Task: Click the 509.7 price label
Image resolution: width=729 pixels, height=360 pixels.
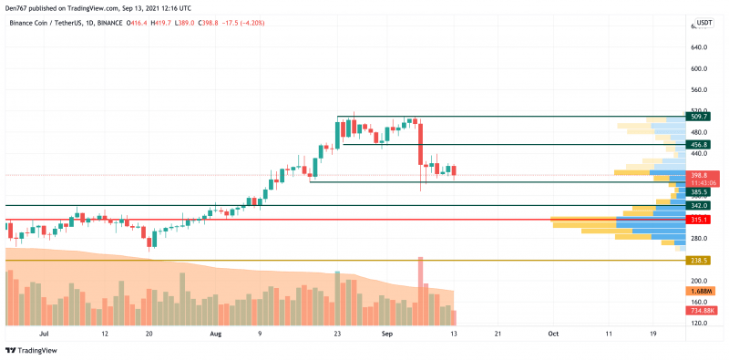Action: coord(700,117)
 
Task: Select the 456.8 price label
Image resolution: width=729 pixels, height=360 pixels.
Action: coord(700,145)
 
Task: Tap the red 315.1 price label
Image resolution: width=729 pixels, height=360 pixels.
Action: coord(700,220)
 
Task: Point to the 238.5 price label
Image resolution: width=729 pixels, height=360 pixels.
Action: coord(700,261)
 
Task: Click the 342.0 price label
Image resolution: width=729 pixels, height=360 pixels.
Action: coord(700,206)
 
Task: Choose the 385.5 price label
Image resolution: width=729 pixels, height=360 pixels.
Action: coord(700,192)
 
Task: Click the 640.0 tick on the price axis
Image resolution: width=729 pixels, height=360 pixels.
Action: coord(700,47)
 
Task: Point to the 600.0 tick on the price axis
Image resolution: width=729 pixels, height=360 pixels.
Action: coord(700,68)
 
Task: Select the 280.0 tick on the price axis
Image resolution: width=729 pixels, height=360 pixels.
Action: coord(700,239)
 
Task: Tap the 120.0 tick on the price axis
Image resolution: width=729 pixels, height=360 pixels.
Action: coord(700,324)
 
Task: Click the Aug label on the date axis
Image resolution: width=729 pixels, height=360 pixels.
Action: coord(216,334)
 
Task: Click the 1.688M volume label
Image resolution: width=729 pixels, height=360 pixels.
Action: coord(700,292)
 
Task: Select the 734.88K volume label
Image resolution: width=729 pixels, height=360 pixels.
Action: coord(700,311)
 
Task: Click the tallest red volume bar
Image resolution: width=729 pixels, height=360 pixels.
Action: coord(421,292)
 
